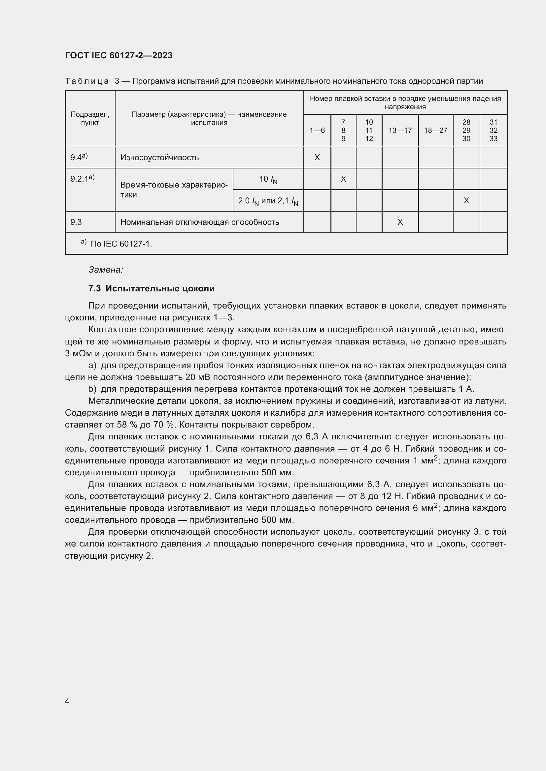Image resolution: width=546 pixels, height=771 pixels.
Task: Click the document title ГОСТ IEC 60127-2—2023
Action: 119,55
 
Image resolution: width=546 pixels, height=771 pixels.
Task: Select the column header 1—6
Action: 317,130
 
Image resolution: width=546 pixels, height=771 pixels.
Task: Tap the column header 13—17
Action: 400,130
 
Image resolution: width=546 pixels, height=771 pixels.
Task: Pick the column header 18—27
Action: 435,130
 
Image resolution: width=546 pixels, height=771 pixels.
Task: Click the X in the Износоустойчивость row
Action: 317,157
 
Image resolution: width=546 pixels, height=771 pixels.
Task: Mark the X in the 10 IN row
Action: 343,179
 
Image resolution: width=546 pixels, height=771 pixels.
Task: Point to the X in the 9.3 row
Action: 400,222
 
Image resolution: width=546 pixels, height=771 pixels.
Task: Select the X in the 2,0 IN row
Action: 466,200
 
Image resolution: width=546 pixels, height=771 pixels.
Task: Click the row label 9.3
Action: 76,222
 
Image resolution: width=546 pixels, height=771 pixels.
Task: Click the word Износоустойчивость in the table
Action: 159,157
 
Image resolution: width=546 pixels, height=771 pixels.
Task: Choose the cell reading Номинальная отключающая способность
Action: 199,222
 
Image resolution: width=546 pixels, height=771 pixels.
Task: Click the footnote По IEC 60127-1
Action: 121,244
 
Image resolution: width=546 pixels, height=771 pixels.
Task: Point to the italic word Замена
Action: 106,270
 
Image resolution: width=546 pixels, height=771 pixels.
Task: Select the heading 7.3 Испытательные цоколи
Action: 151,288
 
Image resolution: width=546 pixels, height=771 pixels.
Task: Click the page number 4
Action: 67,701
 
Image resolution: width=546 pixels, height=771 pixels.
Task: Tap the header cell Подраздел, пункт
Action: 90,118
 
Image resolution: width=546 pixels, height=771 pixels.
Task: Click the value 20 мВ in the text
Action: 197,377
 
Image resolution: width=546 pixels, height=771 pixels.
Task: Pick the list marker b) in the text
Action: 92,389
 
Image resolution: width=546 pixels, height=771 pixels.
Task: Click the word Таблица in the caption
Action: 87,81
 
